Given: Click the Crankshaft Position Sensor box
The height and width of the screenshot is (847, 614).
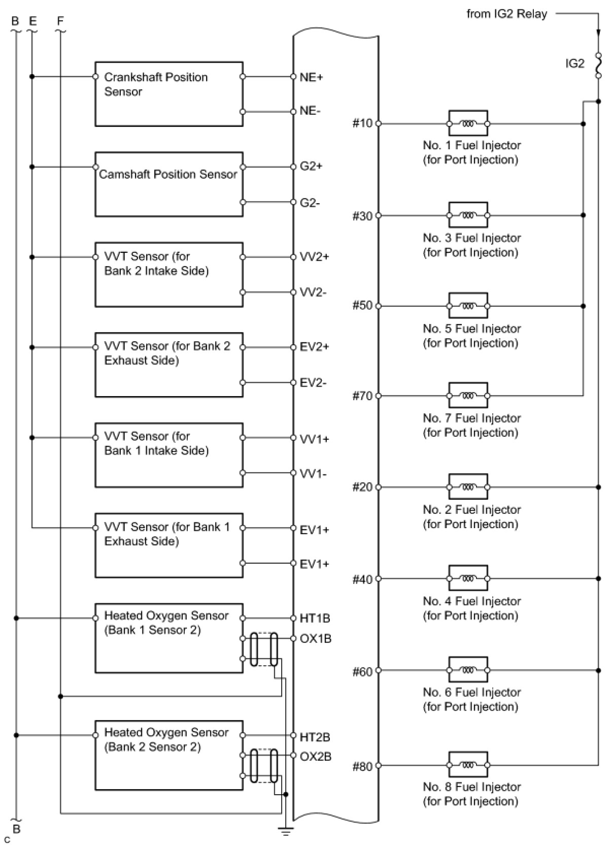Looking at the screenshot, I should click(x=168, y=94).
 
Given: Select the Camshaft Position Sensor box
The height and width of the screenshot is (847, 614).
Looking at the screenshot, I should click(x=168, y=184).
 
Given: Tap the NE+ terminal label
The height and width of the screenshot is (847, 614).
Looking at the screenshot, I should click(x=311, y=77).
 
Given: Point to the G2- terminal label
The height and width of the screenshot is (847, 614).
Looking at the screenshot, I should click(x=310, y=203).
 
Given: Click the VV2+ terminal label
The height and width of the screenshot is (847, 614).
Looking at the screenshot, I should click(x=314, y=257).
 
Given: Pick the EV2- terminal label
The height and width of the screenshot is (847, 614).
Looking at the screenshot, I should click(x=313, y=383).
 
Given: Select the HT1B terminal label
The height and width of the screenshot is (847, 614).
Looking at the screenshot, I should click(x=315, y=618).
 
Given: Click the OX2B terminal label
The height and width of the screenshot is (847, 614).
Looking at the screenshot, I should click(x=315, y=757).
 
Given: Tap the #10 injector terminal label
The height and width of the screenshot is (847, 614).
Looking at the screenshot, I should click(x=362, y=123).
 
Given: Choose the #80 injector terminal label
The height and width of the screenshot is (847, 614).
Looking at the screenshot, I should click(x=362, y=766).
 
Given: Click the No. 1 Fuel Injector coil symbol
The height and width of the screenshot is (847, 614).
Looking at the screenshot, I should click(x=468, y=123).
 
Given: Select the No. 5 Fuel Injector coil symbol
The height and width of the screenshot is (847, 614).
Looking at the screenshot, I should click(x=468, y=306).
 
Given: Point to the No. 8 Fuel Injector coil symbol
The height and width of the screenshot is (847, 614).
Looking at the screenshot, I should click(x=468, y=765).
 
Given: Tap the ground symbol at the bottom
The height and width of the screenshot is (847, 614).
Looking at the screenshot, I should click(x=286, y=831).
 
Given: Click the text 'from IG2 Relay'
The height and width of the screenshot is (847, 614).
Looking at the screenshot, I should click(x=506, y=14).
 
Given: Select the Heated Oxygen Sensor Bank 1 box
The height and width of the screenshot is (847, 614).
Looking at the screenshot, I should click(x=168, y=638).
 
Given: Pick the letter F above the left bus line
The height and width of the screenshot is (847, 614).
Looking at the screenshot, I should click(x=60, y=21).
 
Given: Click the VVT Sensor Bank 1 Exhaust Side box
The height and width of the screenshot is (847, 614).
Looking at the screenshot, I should click(x=168, y=545).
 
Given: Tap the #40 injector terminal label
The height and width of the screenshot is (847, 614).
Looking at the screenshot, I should click(x=362, y=579).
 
